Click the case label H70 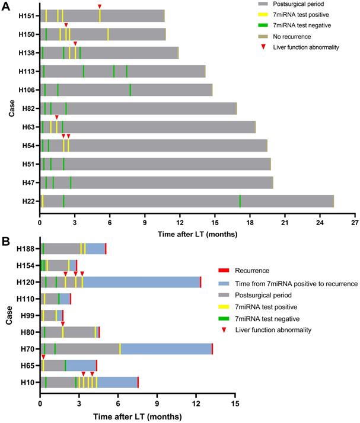click(27, 349)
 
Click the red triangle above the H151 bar click(100, 7)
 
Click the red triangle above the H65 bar click(43, 357)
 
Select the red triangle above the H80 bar click(63, 323)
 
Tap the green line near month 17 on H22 click(240, 201)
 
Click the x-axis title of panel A click(197, 234)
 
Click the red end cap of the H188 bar click(106, 249)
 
